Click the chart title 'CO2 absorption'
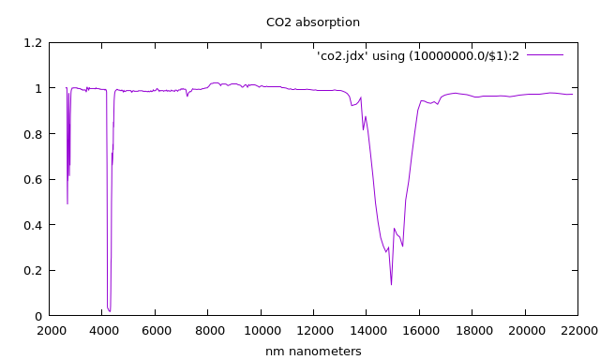[x=313, y=22]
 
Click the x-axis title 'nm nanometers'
[x=313, y=352]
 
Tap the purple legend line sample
[x=545, y=55]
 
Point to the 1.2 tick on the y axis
[x=33, y=43]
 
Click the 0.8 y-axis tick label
[x=33, y=134]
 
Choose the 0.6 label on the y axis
[x=33, y=180]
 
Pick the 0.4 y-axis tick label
[x=33, y=225]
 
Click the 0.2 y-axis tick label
[x=33, y=271]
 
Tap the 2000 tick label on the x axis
[x=51, y=331]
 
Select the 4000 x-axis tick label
[x=103, y=331]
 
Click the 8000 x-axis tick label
[x=209, y=331]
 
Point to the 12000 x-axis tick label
[x=314, y=331]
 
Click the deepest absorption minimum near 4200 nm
[x=110, y=310]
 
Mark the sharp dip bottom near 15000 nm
[x=391, y=284]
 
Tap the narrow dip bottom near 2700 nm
[x=67, y=202]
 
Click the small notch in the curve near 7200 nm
[x=187, y=96]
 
